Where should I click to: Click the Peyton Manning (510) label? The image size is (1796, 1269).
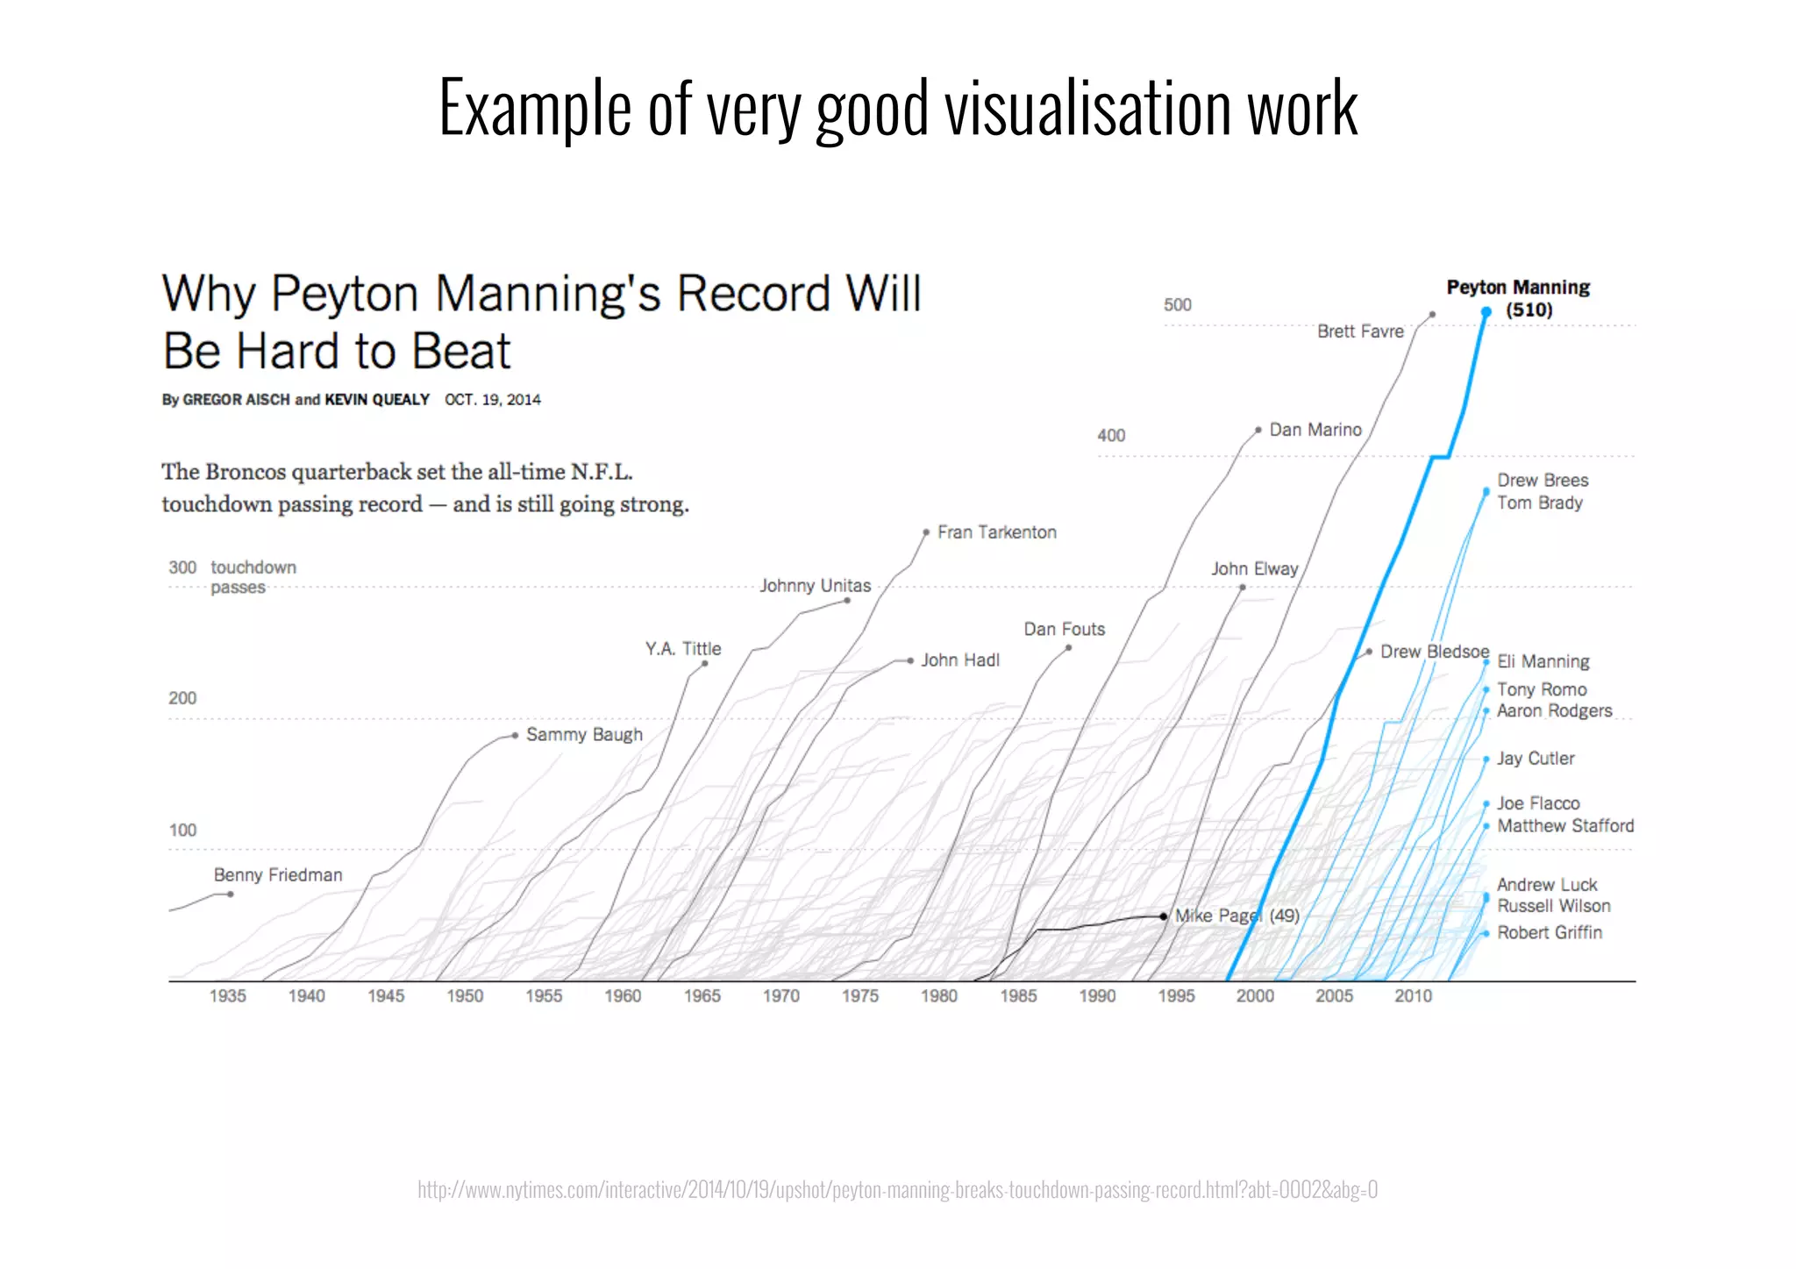1517,298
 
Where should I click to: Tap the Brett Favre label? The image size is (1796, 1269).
1360,332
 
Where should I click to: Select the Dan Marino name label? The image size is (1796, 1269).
1315,430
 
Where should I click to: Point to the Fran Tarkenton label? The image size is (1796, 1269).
997,532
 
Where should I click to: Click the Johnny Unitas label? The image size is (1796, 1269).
816,586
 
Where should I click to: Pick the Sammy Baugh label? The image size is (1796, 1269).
584,735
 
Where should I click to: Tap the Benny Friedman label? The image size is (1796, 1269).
278,875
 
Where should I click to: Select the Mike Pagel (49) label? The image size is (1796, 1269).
1237,916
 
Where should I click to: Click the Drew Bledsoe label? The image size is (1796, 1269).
1435,652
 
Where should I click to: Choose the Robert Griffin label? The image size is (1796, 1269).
1550,933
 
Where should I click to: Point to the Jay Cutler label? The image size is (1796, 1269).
1536,759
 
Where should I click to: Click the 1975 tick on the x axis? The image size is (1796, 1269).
860,996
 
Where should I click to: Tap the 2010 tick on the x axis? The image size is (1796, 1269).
1413,996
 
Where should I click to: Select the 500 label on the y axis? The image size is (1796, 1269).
1177,305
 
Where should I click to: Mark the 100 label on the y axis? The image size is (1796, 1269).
182,831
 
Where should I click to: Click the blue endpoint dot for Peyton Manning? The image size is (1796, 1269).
1486,312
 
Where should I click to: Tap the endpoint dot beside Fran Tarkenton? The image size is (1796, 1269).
926,532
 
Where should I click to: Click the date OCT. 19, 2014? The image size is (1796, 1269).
493,400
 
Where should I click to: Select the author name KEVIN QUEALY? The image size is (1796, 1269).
377,400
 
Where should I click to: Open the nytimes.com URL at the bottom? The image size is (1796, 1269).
897,1190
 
